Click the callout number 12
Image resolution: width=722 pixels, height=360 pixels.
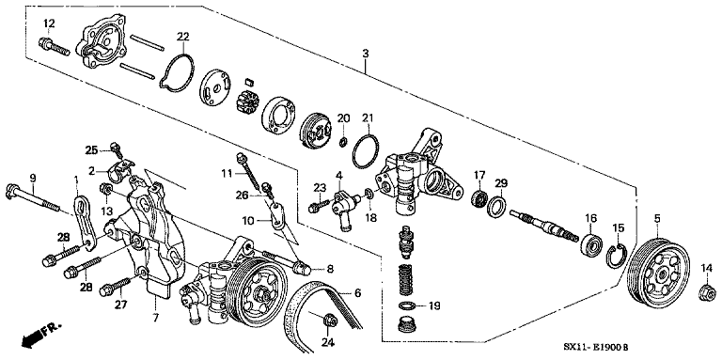click(x=48, y=23)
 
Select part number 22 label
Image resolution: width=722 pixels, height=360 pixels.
click(x=182, y=37)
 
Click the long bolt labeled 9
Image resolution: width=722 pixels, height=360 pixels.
click(x=33, y=196)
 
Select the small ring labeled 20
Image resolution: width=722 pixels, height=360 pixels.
click(x=344, y=142)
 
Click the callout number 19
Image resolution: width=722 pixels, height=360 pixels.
click(x=433, y=305)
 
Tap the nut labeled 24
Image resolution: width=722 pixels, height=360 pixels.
click(x=329, y=324)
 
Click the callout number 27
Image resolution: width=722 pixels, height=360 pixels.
click(x=119, y=304)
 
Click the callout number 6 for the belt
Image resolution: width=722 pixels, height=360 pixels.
click(x=356, y=293)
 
